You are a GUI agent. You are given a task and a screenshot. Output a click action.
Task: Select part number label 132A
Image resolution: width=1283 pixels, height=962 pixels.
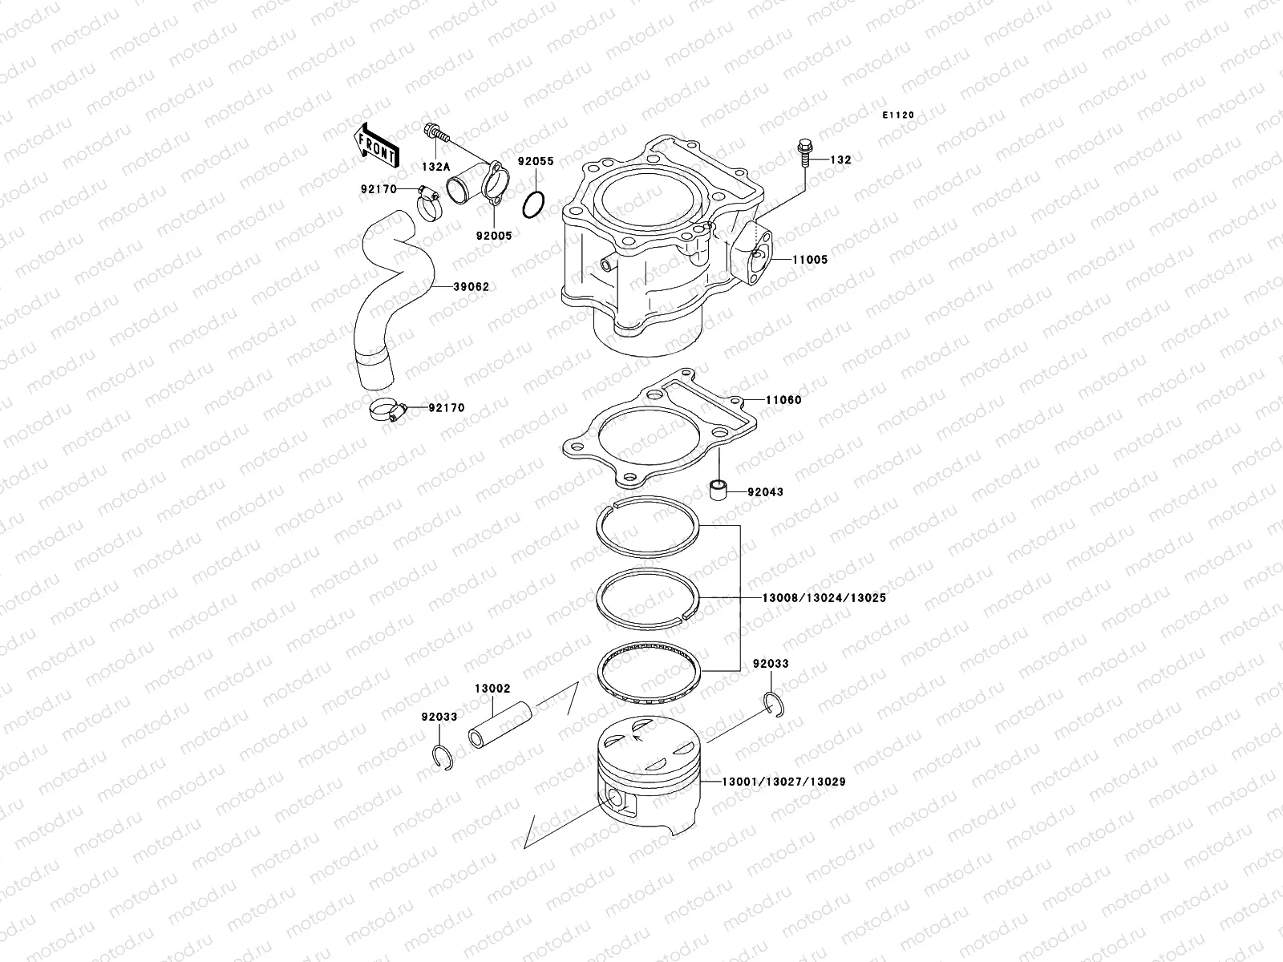click(x=435, y=167)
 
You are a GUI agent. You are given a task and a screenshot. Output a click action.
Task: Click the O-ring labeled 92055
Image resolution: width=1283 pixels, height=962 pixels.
click(x=534, y=206)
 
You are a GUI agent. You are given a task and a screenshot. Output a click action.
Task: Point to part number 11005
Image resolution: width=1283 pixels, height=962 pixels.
click(x=810, y=260)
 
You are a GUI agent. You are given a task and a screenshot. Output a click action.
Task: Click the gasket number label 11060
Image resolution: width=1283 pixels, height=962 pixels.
click(x=783, y=399)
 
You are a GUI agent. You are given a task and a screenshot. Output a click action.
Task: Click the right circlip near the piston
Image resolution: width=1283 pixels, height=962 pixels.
click(x=775, y=705)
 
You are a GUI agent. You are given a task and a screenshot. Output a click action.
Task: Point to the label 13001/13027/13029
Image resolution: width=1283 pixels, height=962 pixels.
click(x=783, y=781)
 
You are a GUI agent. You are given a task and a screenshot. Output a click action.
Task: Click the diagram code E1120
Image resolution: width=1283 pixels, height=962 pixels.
click(x=898, y=115)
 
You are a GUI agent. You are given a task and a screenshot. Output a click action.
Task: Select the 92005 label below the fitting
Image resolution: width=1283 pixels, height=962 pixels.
click(x=492, y=236)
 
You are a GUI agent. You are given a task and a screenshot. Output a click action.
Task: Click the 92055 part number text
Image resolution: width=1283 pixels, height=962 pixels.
click(x=535, y=161)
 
